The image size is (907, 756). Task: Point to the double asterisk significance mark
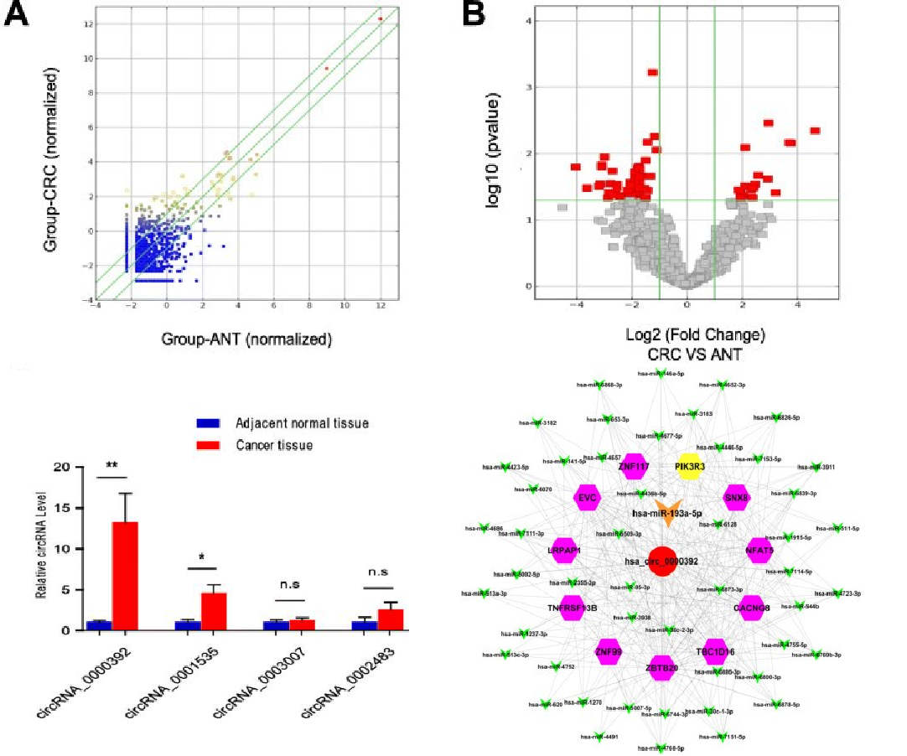[111, 467]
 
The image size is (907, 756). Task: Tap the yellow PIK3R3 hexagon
[688, 465]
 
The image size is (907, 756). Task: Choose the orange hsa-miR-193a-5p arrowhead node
[667, 518]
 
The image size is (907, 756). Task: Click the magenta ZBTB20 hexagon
[661, 668]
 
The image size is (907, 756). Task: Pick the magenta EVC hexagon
[586, 497]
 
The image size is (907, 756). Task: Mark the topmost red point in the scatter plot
[380, 18]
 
